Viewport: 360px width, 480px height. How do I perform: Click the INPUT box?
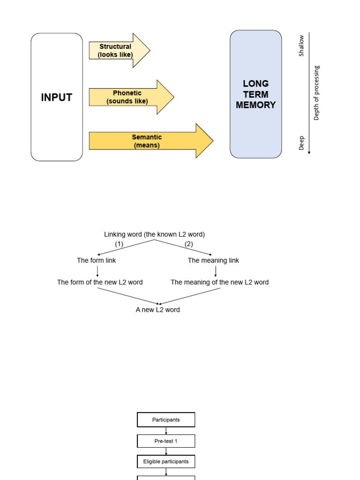(57, 97)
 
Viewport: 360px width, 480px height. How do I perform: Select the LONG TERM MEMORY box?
(255, 94)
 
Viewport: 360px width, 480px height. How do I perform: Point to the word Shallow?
(301, 46)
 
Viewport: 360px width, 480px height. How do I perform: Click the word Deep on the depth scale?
(301, 143)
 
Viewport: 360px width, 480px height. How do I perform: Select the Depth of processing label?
(316, 93)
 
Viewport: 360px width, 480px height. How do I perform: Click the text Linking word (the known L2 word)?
(154, 234)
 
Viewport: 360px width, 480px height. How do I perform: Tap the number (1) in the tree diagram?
(119, 244)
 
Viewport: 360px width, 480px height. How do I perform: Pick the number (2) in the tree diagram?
(188, 244)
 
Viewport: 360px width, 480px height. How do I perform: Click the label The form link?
(97, 260)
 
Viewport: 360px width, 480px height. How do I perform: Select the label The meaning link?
(213, 260)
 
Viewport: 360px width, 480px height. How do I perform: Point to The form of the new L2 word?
(100, 282)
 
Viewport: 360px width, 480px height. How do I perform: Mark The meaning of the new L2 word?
(219, 282)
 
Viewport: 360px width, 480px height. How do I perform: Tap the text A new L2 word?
(157, 310)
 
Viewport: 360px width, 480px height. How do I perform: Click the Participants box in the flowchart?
(166, 420)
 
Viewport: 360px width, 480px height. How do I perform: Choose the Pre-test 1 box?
(166, 441)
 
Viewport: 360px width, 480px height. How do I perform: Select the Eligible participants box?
(166, 462)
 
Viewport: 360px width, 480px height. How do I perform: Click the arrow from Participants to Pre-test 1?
(166, 431)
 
